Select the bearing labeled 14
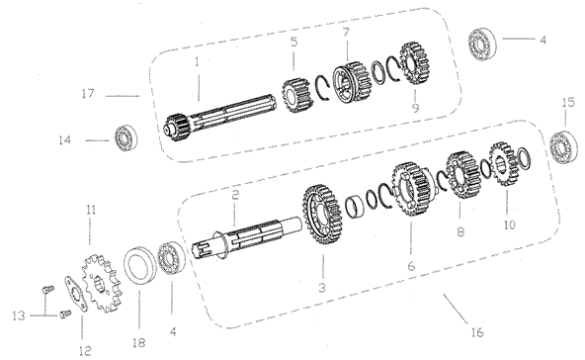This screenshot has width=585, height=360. pyautogui.click(x=125, y=138)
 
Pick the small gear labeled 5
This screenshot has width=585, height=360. pyautogui.click(x=295, y=96)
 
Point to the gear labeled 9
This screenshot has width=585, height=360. pyautogui.click(x=414, y=63)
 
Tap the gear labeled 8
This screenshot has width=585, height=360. pyautogui.click(x=462, y=174)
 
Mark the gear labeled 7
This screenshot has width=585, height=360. pyautogui.click(x=352, y=82)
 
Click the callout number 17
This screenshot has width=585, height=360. pyautogui.click(x=88, y=93)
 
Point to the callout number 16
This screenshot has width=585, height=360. pyautogui.click(x=477, y=331)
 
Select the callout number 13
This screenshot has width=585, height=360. pyautogui.click(x=18, y=315)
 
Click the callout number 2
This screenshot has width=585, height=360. pyautogui.click(x=234, y=195)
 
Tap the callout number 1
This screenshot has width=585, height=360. pyautogui.click(x=197, y=62)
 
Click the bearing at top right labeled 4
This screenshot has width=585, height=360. pyautogui.click(x=483, y=45)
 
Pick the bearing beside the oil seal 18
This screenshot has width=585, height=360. pyautogui.click(x=172, y=259)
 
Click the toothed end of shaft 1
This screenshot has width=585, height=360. pyautogui.click(x=177, y=127)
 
